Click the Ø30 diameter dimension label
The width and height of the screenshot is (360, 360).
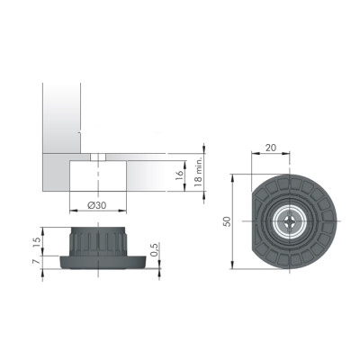pyautogui.click(x=96, y=205)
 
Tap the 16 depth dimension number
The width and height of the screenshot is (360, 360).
pyautogui.click(x=178, y=175)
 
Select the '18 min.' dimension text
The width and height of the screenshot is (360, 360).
pyautogui.click(x=198, y=171)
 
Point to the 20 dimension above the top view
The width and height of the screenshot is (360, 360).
pyautogui.click(x=271, y=148)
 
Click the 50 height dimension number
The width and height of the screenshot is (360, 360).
pyautogui.click(x=228, y=221)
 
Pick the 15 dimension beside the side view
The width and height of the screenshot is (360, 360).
pyautogui.click(x=36, y=242)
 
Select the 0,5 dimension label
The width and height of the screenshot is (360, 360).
pyautogui.click(x=154, y=250)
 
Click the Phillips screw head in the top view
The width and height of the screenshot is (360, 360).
pyautogui.click(x=290, y=221)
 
